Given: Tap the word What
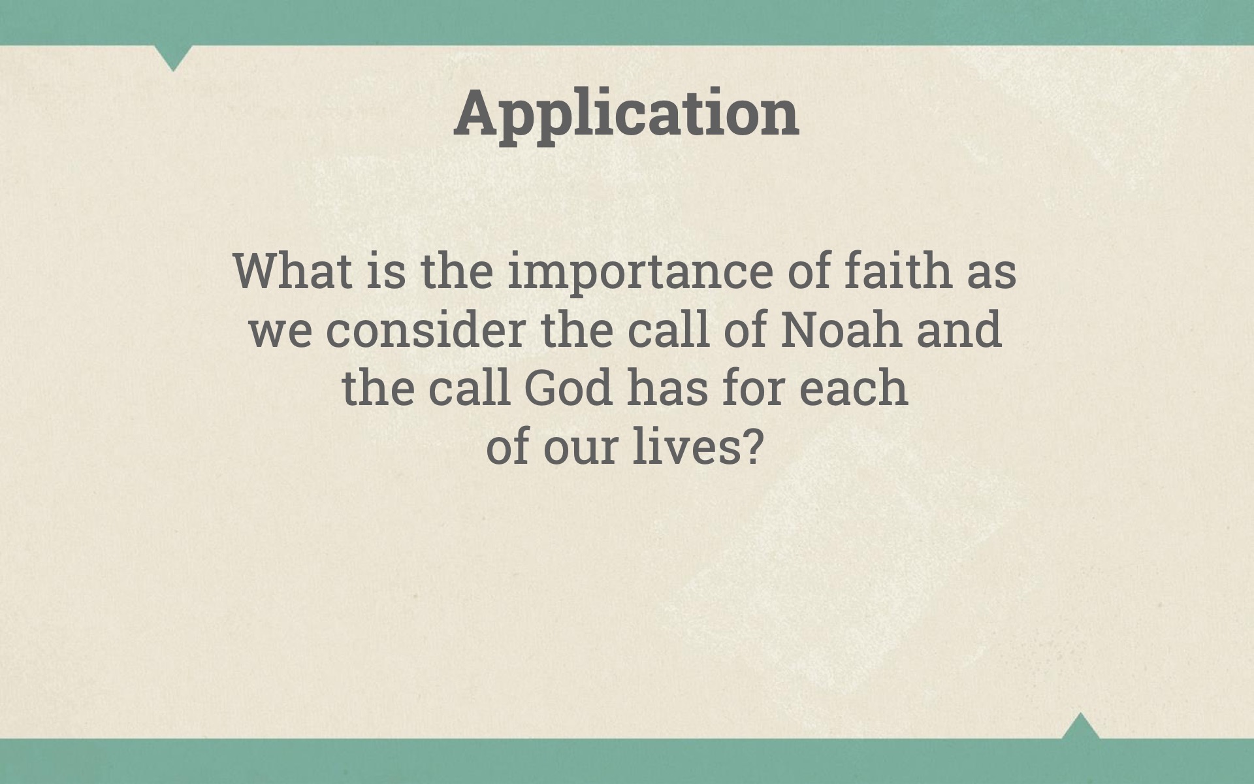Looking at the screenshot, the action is pos(293,270).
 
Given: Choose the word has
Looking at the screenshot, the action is pos(667,387).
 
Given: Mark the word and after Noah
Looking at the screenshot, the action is pos(959,329).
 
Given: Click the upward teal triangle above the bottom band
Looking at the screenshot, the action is pos(1080,727).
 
